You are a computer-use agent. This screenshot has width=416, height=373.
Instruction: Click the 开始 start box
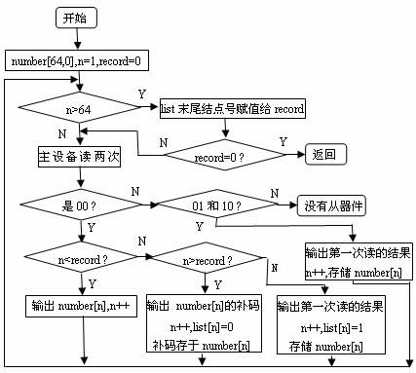tap(73, 18)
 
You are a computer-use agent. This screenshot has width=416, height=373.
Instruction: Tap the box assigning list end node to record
tap(232, 109)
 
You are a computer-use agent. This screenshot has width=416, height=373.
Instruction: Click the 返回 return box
tap(323, 154)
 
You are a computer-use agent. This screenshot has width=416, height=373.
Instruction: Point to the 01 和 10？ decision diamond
tap(214, 205)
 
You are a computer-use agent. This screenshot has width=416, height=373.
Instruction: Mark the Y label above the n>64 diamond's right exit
tap(142, 93)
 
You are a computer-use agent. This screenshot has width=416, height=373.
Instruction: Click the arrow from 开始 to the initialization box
tap(73, 39)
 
